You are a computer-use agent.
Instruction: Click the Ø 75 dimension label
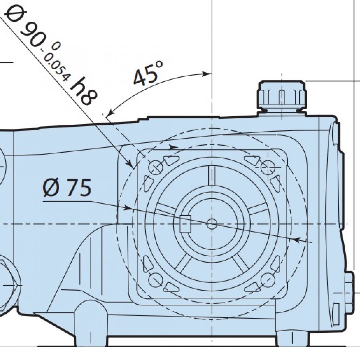(x=67, y=188)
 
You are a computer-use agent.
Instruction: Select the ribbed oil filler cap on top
(x=282, y=95)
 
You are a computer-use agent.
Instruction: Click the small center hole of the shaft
(x=212, y=224)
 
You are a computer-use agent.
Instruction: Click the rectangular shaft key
(x=185, y=224)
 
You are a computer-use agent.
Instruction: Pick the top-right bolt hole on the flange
(x=267, y=167)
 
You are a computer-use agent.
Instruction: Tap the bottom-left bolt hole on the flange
(x=155, y=280)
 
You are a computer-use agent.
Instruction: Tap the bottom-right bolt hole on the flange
(x=267, y=280)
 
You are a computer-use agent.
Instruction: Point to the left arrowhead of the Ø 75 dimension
(x=127, y=208)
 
